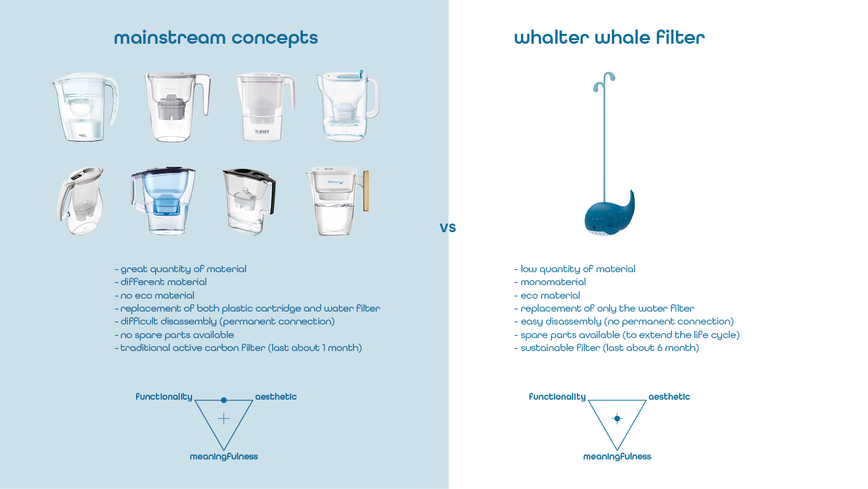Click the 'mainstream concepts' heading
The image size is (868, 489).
(216, 38)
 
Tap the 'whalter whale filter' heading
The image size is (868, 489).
(609, 38)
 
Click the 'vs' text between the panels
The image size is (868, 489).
(448, 228)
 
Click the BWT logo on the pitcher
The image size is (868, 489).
(262, 132)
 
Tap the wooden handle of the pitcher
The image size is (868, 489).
(366, 191)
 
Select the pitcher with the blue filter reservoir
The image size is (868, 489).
(163, 201)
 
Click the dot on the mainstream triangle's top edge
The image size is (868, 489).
(223, 400)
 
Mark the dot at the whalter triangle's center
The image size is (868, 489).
(617, 418)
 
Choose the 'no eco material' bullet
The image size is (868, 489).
(155, 296)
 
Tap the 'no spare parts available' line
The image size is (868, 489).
(174, 335)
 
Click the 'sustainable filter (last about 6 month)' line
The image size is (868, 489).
(607, 348)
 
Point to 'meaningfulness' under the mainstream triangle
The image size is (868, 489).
(223, 456)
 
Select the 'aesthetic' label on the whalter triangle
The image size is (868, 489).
(669, 397)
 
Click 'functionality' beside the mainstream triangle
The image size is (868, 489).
(164, 397)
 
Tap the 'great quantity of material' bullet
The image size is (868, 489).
(180, 269)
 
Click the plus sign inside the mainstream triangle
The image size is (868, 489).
(223, 418)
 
